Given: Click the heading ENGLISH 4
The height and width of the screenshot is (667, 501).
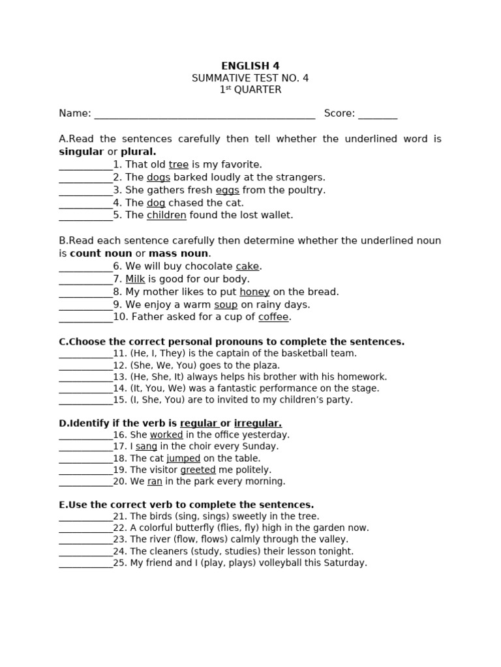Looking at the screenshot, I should click(x=250, y=66).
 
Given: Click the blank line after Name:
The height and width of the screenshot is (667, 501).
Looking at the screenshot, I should click(x=204, y=115).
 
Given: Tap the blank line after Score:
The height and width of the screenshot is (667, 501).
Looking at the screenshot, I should click(x=377, y=115).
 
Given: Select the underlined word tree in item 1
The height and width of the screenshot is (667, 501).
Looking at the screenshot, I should click(x=178, y=165).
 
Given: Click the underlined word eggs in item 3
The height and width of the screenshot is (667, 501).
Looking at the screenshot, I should click(x=227, y=190).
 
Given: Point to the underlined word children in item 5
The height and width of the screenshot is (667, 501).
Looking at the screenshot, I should click(x=166, y=215).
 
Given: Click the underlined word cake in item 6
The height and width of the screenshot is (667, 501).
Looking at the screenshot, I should click(x=247, y=266).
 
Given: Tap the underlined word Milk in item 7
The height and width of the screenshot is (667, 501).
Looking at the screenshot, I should click(x=135, y=279).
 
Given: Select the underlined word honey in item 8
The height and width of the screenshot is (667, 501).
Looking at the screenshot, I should click(x=254, y=292).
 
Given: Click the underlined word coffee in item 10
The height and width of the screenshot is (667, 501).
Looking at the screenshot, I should click(x=273, y=317).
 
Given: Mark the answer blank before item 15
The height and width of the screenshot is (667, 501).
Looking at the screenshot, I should click(x=85, y=401).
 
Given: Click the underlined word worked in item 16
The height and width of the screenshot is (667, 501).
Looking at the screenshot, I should click(x=166, y=435).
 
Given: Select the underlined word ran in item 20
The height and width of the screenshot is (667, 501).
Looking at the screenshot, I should click(x=155, y=481).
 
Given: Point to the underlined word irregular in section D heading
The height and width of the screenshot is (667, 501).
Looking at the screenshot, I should click(x=258, y=423).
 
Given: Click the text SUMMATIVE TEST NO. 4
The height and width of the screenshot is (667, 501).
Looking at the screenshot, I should click(x=250, y=78).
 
